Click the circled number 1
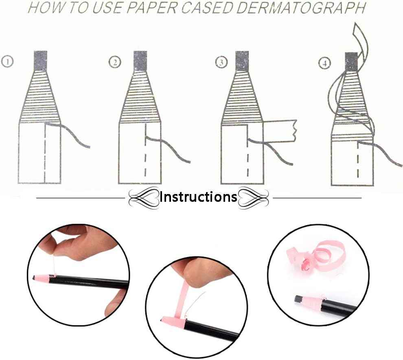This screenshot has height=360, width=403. pyautogui.click(x=7, y=61)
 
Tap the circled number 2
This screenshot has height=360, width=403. pyautogui.click(x=115, y=62)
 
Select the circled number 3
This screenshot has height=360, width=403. pyautogui.click(x=221, y=62)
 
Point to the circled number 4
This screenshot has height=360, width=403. pyautogui.click(x=324, y=63)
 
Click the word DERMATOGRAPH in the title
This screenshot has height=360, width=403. pyautogui.click(x=301, y=8)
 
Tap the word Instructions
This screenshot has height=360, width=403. pyautogui.click(x=198, y=197)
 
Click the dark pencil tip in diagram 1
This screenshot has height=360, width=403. pyautogui.click(x=40, y=61)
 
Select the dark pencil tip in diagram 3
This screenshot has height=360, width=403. pyautogui.click(x=242, y=61)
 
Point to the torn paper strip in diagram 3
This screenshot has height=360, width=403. pyautogui.click(x=280, y=131)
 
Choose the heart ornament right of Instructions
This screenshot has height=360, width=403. pyautogui.click(x=253, y=197)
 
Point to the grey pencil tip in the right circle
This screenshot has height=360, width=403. pyautogui.click(x=298, y=299)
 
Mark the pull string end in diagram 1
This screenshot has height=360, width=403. pyautogui.click(x=89, y=147)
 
